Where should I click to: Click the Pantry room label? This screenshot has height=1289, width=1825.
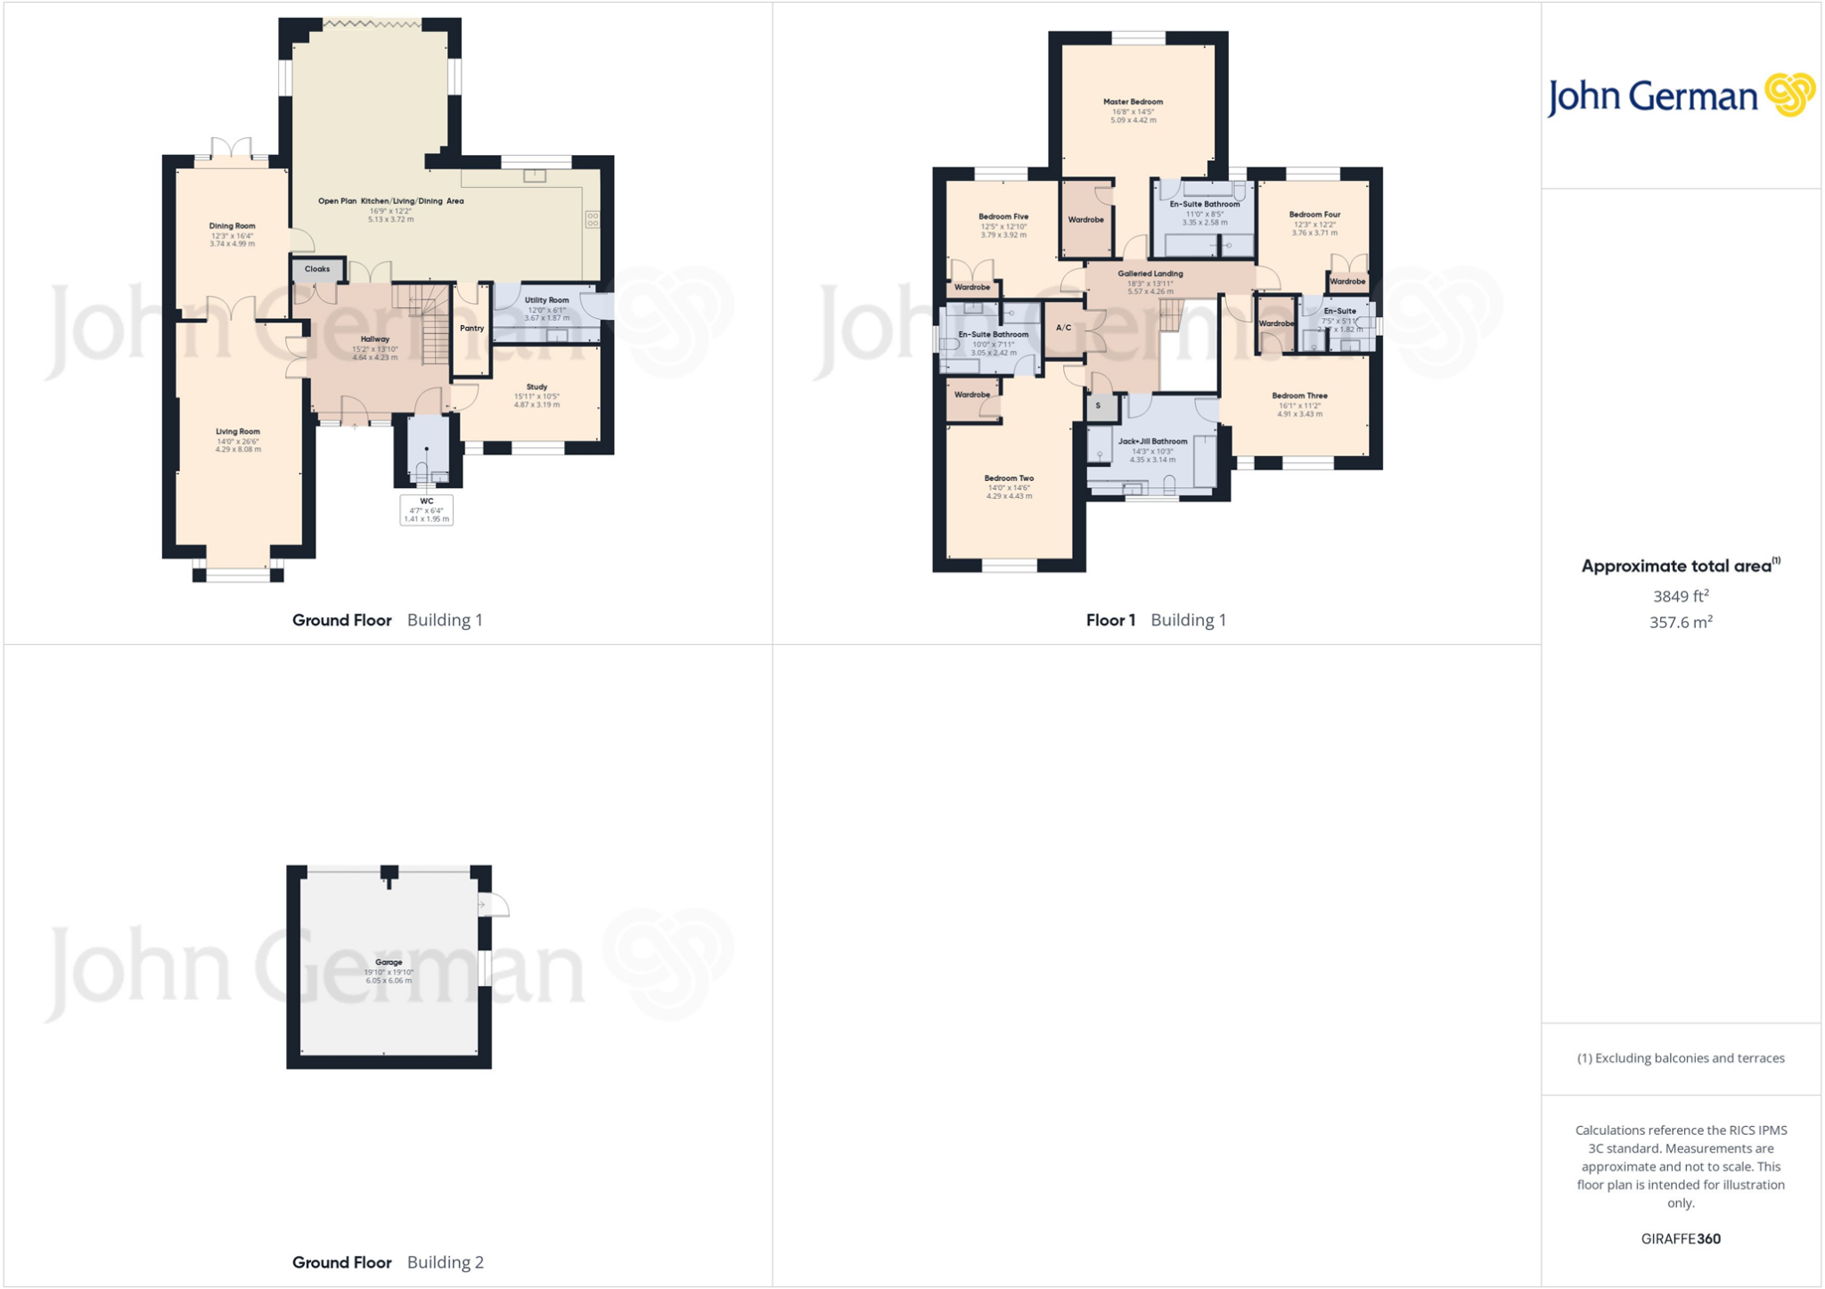pyautogui.click(x=471, y=329)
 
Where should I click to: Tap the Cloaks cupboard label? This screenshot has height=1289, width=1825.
pyautogui.click(x=317, y=269)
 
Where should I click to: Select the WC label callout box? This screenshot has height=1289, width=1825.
pyautogui.click(x=427, y=510)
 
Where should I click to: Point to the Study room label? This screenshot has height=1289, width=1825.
pyautogui.click(x=536, y=388)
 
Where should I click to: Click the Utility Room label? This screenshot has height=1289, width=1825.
pyautogui.click(x=546, y=301)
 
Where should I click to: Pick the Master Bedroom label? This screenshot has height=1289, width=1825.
pyautogui.click(x=1133, y=102)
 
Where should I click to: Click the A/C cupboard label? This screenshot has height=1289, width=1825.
pyautogui.click(x=1063, y=328)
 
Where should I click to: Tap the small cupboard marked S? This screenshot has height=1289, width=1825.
pyautogui.click(x=1099, y=406)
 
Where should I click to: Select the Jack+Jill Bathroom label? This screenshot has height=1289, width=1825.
pyautogui.click(x=1152, y=442)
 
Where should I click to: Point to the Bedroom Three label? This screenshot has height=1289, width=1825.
pyautogui.click(x=1299, y=396)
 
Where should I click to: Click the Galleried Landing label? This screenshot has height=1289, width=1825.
pyautogui.click(x=1150, y=274)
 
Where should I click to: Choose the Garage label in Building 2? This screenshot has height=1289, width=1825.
pyautogui.click(x=389, y=963)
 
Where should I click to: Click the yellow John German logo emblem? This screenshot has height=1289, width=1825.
pyautogui.click(x=1789, y=94)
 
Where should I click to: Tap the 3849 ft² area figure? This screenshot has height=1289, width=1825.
pyautogui.click(x=1681, y=596)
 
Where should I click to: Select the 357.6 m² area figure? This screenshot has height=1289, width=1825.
pyautogui.click(x=1681, y=623)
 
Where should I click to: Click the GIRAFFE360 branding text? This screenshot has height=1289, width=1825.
pyautogui.click(x=1681, y=1239)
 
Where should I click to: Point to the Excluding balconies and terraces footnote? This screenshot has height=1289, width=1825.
pyautogui.click(x=1681, y=1058)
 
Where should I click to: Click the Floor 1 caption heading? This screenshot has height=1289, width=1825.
pyautogui.click(x=1110, y=621)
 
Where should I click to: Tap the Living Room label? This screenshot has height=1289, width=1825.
pyautogui.click(x=238, y=432)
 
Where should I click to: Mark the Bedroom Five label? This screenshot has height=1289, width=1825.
pyautogui.click(x=1003, y=217)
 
